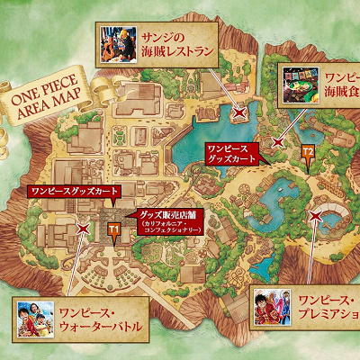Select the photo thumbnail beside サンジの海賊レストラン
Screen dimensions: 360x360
pyautogui.click(x=117, y=43)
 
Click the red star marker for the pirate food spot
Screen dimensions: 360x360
pyautogui.click(x=281, y=141)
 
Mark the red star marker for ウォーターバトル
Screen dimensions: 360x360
pyautogui.click(x=83, y=229)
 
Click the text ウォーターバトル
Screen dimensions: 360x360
pyautogui.click(x=97, y=326)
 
